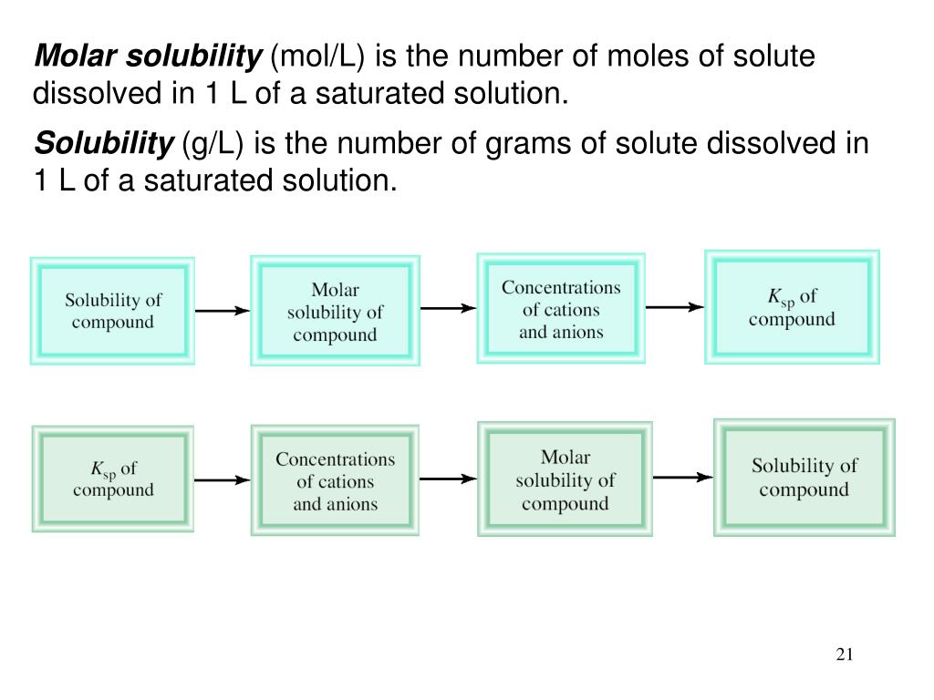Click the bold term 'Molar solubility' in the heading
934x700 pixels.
147,57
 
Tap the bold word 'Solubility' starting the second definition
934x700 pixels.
103,143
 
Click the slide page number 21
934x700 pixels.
844,654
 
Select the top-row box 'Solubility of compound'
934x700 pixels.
113,311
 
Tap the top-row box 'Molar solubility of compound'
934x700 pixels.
335,312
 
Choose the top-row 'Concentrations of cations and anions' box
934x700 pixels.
561,309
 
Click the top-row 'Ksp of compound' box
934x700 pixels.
792,307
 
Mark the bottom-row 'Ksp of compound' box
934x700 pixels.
113,479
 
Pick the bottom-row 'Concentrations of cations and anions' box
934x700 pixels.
335,480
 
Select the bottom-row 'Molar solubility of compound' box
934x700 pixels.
565,479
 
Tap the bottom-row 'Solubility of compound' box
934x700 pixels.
804,478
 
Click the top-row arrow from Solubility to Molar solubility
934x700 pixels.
223,311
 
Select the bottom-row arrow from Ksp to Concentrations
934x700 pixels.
223,479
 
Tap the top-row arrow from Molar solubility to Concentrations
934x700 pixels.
448,308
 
